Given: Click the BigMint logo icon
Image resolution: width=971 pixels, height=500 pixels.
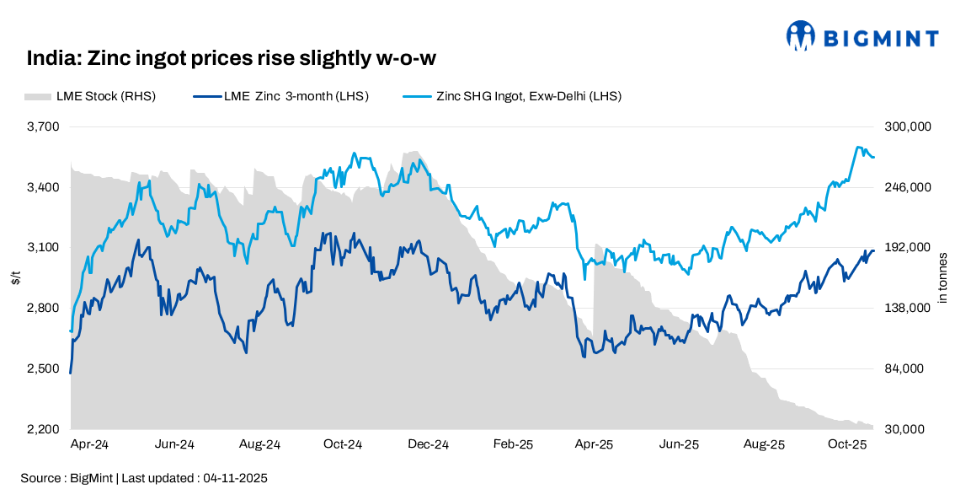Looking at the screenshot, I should [802, 36].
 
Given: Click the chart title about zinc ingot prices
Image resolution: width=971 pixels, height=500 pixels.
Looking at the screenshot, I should [232, 58].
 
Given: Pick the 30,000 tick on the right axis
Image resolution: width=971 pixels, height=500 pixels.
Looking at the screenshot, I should [908, 429].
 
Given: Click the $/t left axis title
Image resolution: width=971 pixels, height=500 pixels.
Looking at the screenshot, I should [16, 278].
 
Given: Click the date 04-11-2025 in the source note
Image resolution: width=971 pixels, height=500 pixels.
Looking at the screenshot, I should [235, 478].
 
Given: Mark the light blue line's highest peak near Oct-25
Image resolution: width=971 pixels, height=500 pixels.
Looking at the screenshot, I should [858, 147].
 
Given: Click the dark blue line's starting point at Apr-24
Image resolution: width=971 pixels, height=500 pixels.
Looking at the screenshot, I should [70, 373].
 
